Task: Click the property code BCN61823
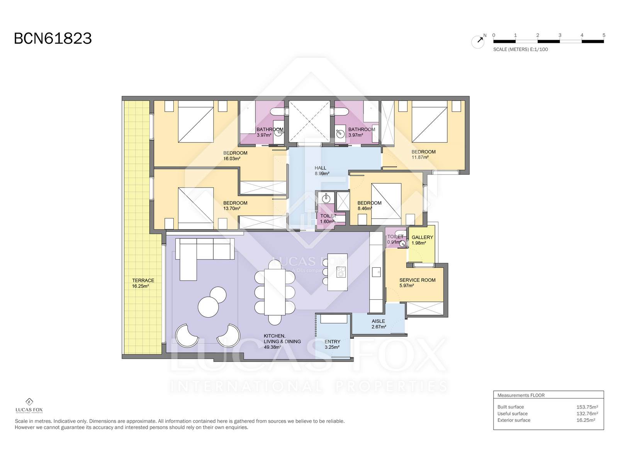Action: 53,39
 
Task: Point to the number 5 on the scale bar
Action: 604,35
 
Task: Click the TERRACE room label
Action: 143,281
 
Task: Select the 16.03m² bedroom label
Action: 235,155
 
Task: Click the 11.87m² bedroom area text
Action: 420,157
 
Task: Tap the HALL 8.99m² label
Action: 321,171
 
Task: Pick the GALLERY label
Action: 422,237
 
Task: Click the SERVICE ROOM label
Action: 417,280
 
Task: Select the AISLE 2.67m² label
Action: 379,324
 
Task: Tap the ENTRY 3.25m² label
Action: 332,344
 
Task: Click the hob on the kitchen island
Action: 341,272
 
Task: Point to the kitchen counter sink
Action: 376,272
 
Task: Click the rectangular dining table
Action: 275,292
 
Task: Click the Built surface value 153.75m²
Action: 587,407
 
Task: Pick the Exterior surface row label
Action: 514,420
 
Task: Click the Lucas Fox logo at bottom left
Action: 29,406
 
